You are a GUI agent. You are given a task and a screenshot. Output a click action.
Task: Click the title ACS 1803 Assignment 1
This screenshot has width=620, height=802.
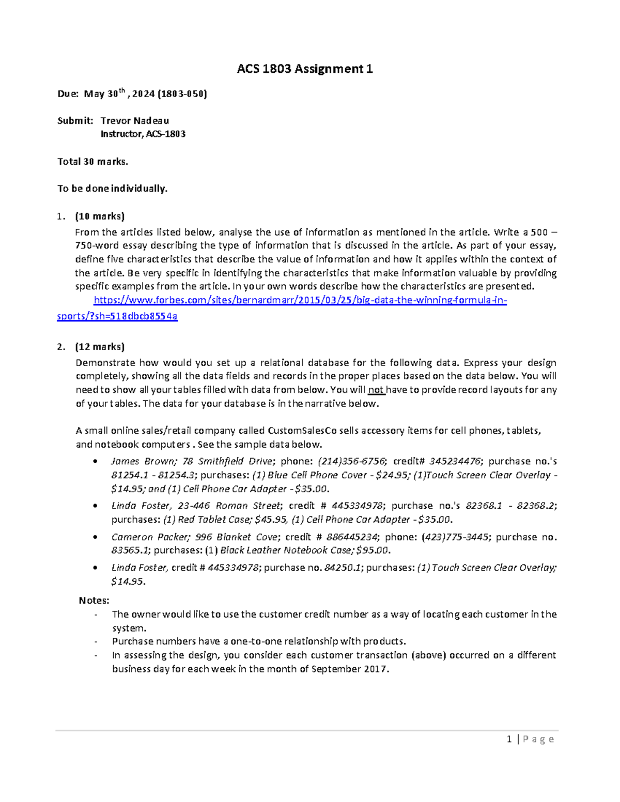305,69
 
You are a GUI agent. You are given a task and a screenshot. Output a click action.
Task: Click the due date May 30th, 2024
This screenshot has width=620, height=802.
119,94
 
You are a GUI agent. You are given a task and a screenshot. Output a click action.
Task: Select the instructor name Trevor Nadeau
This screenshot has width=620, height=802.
134,121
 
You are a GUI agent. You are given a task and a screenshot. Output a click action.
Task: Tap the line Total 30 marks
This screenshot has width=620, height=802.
92,162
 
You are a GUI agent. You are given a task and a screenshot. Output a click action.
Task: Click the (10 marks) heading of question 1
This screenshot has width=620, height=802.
100,216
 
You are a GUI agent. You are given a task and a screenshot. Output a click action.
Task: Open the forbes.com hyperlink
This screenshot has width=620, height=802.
300,301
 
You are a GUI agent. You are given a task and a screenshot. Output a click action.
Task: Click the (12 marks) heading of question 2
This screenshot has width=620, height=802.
100,347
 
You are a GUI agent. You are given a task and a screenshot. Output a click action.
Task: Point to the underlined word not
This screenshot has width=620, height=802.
376,390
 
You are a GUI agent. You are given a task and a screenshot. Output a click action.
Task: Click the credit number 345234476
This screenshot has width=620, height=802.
455,461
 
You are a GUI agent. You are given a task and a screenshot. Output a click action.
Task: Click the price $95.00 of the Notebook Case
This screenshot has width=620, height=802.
373,551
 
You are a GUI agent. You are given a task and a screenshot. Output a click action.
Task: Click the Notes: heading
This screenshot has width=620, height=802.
94,601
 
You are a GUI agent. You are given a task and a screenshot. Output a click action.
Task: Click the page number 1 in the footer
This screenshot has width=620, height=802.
509,740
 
